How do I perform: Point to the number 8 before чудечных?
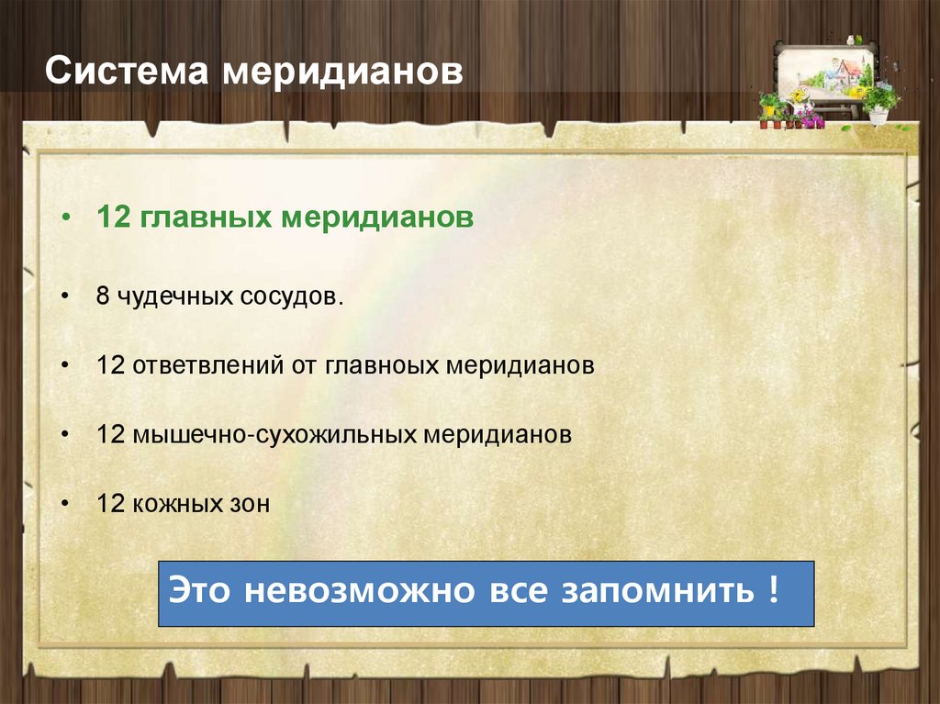pyautogui.click(x=103, y=297)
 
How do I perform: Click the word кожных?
pyautogui.click(x=173, y=503)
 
